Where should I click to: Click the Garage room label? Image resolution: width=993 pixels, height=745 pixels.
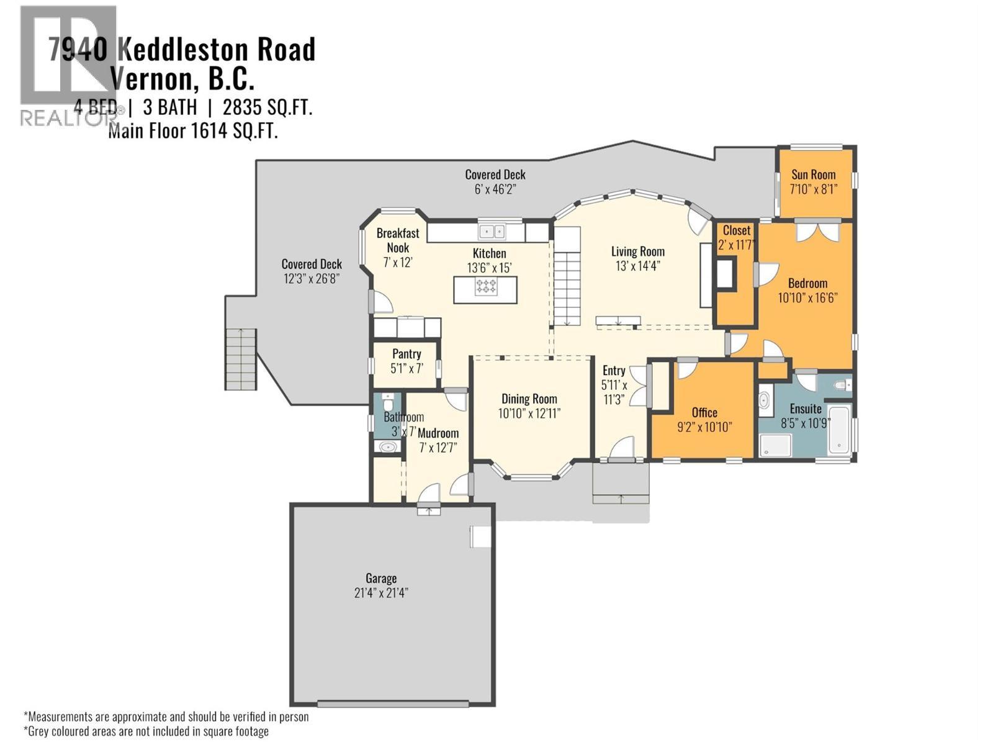pyautogui.click(x=380, y=578)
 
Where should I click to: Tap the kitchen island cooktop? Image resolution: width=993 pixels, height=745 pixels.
pyautogui.click(x=485, y=286)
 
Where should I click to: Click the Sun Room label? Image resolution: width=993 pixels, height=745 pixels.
pyautogui.click(x=813, y=174)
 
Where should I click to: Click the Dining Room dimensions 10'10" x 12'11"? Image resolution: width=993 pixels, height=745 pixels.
pyautogui.click(x=529, y=413)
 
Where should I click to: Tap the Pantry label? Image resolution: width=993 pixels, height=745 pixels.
pyautogui.click(x=407, y=354)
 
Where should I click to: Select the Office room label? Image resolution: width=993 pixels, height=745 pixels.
pyautogui.click(x=704, y=412)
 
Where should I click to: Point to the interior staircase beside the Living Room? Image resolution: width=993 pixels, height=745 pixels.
pyautogui.click(x=566, y=276)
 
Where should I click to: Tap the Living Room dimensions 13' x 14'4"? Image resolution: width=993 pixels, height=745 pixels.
pyautogui.click(x=637, y=266)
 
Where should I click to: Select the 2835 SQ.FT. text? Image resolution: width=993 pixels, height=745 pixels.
pyautogui.click(x=267, y=107)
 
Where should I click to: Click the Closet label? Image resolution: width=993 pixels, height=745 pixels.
pyautogui.click(x=736, y=230)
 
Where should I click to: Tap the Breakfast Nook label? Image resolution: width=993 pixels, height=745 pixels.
pyautogui.click(x=398, y=240)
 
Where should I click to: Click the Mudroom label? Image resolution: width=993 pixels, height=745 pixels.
pyautogui.click(x=438, y=433)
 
